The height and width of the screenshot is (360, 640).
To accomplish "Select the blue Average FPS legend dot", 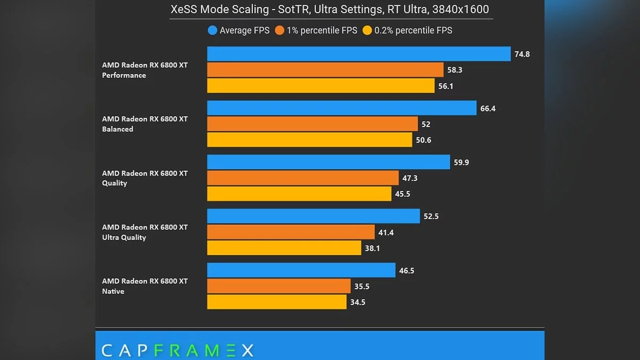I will tap(212, 30).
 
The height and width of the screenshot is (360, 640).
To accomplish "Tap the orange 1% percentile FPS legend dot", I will tap(279, 30).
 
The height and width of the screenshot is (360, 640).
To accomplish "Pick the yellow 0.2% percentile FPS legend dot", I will tap(367, 30).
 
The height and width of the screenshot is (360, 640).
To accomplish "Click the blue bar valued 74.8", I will tap(358, 54).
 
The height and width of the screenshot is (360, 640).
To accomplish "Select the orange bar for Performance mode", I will tap(325, 70).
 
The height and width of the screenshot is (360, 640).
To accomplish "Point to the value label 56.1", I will tap(446, 86).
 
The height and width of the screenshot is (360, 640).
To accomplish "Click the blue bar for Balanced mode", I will tap(341, 108).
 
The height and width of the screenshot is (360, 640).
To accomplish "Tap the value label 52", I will tap(426, 124).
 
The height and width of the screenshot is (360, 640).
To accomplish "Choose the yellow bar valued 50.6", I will tap(309, 140).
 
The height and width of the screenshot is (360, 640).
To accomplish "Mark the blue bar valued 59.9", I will tap(328, 162).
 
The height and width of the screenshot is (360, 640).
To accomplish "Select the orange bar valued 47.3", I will tap(302, 178).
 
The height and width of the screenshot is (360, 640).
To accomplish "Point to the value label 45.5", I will tap(403, 194).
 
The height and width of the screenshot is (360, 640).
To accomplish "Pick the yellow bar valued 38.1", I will tap(284, 248).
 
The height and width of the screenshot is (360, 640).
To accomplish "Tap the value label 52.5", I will tap(431, 217).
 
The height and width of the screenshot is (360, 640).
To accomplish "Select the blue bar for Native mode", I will tap(301, 270).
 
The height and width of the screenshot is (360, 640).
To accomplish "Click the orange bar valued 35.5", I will tap(278, 286).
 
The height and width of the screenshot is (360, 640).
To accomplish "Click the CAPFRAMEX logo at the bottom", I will tap(177, 350).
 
